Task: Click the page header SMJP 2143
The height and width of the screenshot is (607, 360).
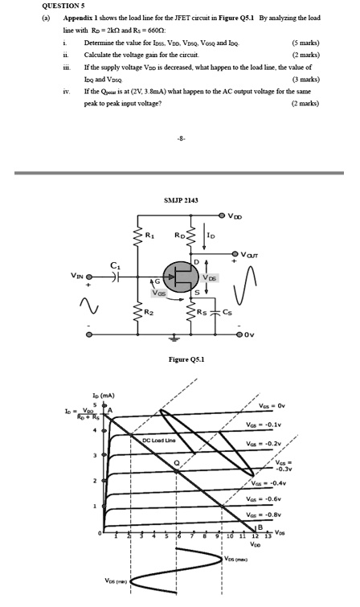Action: [x=179, y=199]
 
